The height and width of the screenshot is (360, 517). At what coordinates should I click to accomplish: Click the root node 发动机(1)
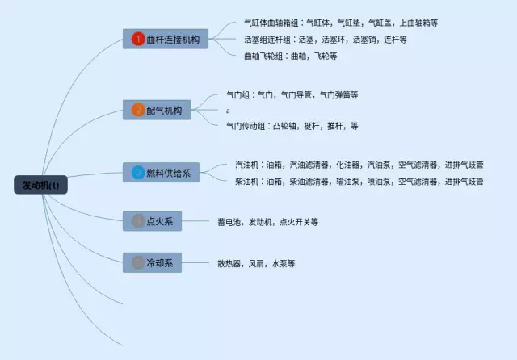tap(41, 185)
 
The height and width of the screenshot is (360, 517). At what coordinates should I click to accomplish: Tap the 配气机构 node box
tap(157, 109)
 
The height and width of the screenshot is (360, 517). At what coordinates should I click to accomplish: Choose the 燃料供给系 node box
tap(162, 172)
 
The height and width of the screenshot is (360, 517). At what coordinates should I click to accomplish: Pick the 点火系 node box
tap(152, 220)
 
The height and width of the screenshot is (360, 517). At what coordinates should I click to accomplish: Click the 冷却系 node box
tap(152, 262)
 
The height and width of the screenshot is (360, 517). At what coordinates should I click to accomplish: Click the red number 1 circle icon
tap(138, 38)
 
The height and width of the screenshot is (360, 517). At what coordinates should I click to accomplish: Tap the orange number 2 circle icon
tap(138, 109)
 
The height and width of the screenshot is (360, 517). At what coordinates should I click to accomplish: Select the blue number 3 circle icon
tap(138, 172)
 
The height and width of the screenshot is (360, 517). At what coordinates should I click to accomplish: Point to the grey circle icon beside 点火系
tap(138, 220)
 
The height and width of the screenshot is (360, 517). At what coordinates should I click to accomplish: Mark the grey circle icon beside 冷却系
tap(138, 262)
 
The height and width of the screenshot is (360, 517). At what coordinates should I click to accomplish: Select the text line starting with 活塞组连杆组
tap(325, 39)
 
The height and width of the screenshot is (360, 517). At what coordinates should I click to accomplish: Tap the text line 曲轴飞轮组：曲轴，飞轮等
tap(290, 56)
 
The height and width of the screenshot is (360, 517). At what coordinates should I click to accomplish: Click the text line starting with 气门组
tap(292, 94)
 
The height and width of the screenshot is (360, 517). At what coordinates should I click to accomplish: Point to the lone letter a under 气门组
tap(228, 111)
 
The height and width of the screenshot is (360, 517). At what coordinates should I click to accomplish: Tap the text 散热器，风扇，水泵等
tap(255, 263)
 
